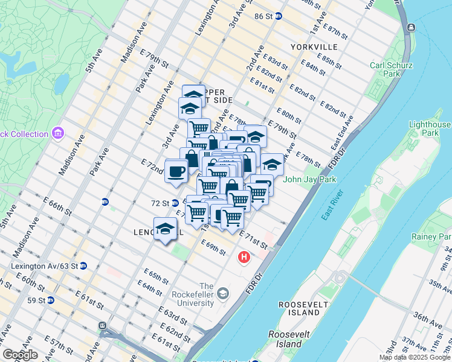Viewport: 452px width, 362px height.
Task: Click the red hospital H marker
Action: pos(244,257)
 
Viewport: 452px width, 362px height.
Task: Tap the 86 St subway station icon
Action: pos(278,16)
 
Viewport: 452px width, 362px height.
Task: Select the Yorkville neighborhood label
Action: pos(314,46)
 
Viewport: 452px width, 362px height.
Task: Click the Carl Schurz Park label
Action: pos(391,69)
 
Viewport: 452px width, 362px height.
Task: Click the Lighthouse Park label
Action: pos(430,129)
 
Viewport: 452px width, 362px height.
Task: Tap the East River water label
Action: pos(329,206)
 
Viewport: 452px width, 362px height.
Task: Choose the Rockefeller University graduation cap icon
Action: pos(224,293)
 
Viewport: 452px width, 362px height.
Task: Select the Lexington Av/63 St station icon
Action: pos(83,265)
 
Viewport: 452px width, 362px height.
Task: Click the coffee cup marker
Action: pos(176,171)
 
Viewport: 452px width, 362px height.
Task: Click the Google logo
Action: pos(20,355)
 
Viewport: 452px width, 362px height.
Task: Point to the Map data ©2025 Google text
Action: pos(415,357)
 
